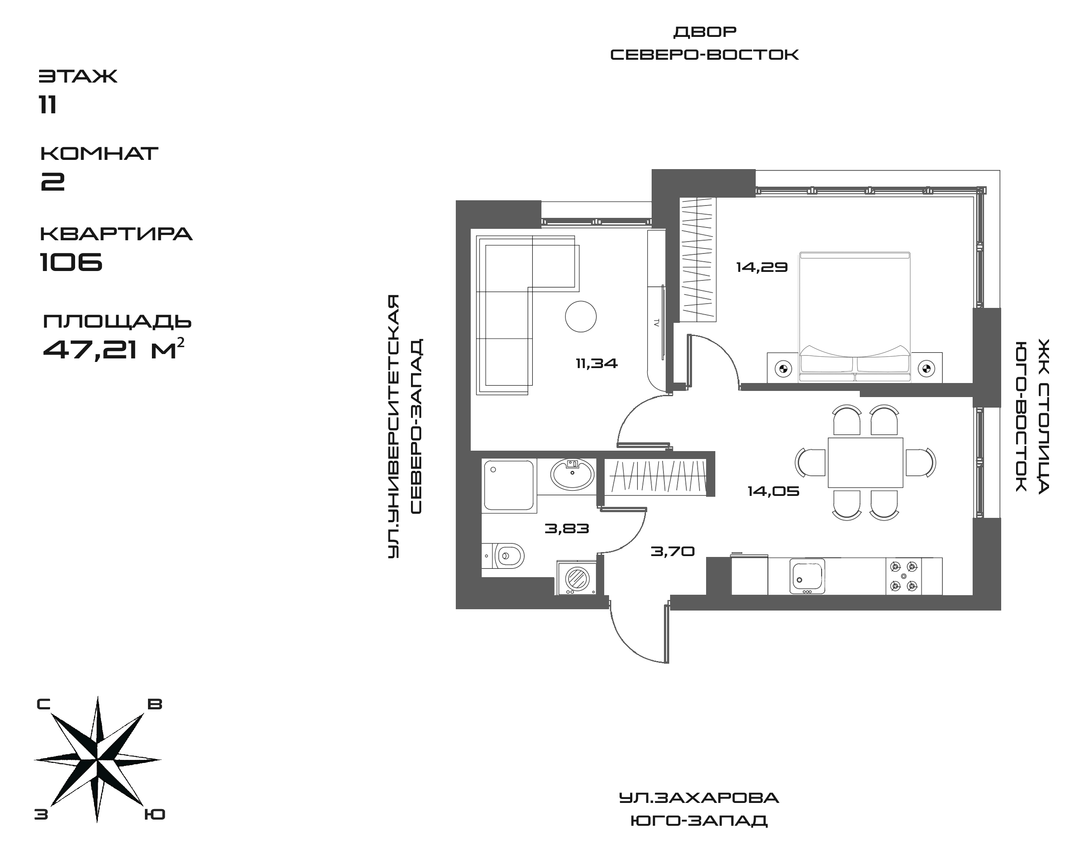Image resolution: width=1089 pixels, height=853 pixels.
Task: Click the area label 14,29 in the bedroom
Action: tap(761, 267)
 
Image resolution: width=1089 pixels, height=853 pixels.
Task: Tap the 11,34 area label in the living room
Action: tap(596, 364)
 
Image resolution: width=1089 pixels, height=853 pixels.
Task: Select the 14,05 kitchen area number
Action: tap(773, 492)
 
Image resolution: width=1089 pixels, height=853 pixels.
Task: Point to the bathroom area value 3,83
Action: tap(567, 528)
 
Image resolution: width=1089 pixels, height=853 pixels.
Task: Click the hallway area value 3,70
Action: tap(673, 551)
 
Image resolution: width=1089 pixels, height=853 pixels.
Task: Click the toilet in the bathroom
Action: tap(507, 555)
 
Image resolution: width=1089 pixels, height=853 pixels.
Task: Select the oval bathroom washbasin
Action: tap(572, 473)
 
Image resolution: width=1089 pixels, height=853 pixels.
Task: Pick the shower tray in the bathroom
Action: tap(509, 485)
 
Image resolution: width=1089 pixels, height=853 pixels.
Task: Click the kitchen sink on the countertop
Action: tap(807, 576)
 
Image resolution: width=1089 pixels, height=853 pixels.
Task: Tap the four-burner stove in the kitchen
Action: tap(904, 576)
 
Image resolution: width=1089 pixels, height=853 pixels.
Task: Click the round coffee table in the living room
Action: tap(581, 316)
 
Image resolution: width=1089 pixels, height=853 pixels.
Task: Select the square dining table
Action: tap(865, 463)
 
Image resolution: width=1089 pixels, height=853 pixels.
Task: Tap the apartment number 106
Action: tap(72, 261)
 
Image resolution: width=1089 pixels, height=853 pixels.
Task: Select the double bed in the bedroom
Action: tap(855, 317)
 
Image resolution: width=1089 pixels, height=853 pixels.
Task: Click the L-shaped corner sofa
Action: tap(504, 310)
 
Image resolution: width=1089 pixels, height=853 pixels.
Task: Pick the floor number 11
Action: tap(48, 105)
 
